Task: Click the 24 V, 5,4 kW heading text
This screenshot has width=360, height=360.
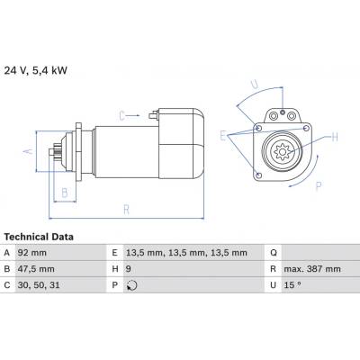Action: (36, 71)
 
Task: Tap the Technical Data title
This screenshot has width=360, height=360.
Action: (39, 237)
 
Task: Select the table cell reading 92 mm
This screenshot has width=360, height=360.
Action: (32, 253)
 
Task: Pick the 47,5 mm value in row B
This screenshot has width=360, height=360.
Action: (36, 269)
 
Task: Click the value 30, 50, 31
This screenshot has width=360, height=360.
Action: (39, 285)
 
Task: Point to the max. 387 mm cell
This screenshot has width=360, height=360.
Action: (312, 269)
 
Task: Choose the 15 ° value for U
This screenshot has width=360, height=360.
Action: (292, 285)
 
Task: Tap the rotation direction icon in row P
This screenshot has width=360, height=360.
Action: (131, 285)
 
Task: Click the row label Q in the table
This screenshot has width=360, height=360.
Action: (274, 253)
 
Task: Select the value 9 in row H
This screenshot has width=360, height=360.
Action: (129, 269)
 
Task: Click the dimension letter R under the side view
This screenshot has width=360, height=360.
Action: (127, 210)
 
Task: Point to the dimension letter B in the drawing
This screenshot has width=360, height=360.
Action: (65, 193)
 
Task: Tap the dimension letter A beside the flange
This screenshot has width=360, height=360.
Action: (28, 150)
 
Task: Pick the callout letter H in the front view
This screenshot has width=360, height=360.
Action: (335, 137)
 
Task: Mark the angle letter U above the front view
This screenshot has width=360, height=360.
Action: (255, 85)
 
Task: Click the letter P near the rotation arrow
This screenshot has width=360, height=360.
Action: (319, 186)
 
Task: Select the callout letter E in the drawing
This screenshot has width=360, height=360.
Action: (222, 136)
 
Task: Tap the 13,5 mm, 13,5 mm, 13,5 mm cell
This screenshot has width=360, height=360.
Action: (186, 253)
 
